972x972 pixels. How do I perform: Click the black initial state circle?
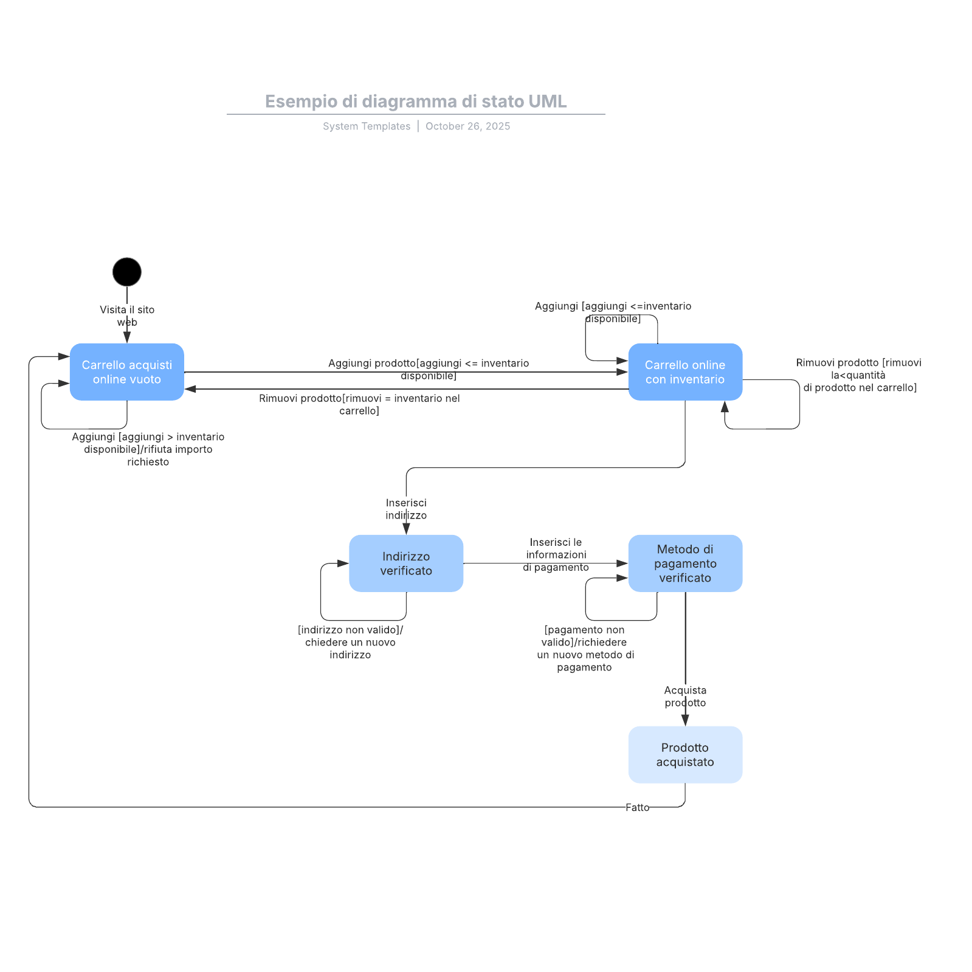tap(126, 272)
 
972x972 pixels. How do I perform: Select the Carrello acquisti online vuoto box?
tap(126, 372)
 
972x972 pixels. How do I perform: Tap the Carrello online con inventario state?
tap(685, 372)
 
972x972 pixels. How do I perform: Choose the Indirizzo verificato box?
tap(405, 564)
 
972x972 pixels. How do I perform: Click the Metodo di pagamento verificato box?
tap(685, 564)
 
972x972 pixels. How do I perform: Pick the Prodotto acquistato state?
tap(685, 754)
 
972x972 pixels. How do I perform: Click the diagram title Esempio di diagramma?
tap(416, 102)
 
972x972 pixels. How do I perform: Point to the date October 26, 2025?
tap(467, 126)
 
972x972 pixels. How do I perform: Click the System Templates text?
tap(367, 126)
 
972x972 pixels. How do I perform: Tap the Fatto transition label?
tap(637, 807)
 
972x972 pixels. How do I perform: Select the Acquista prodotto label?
tap(685, 697)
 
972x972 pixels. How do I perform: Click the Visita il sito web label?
tap(127, 315)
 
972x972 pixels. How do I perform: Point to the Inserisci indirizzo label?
tap(406, 509)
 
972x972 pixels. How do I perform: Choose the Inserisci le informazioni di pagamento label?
tap(556, 554)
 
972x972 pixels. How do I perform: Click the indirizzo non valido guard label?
tap(350, 642)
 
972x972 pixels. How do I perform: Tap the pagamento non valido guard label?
tap(585, 648)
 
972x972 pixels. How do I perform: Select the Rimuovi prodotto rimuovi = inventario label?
tap(359, 404)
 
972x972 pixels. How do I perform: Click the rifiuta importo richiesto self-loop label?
tap(148, 449)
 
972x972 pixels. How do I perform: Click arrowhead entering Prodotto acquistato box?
tap(685, 720)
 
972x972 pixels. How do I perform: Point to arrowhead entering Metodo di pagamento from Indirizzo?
tap(622, 564)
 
